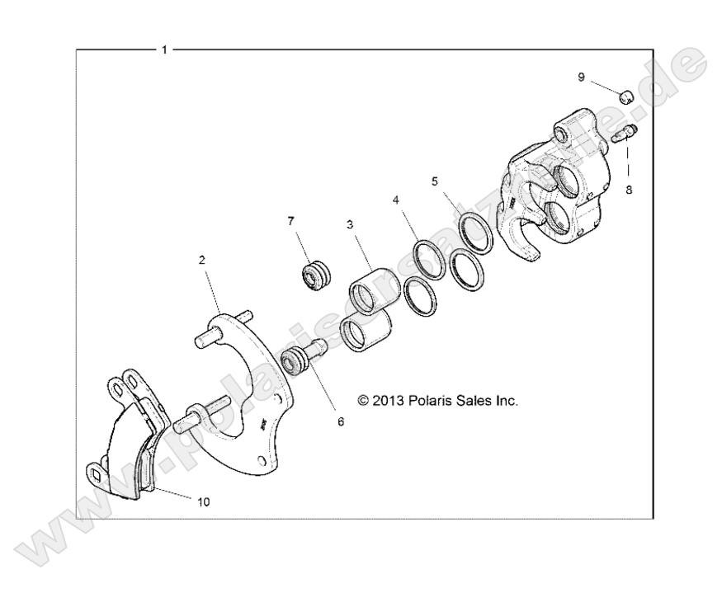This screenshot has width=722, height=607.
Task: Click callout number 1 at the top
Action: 164,49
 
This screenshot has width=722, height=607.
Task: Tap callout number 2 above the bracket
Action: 201,259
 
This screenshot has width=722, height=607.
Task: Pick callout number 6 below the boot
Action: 340,420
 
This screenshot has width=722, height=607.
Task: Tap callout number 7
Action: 290,221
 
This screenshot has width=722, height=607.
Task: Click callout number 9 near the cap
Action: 581,77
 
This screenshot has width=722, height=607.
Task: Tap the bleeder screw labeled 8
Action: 626,133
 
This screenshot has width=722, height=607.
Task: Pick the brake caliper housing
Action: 561,194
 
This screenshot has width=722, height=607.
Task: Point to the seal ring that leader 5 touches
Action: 476,233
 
